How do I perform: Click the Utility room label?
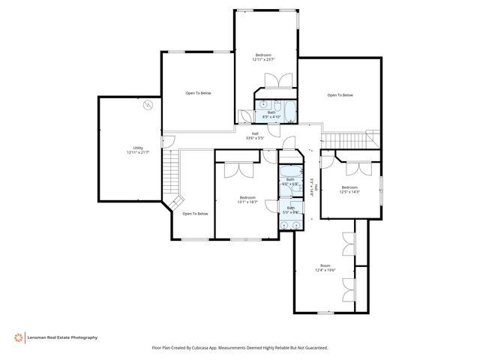coord(138,151)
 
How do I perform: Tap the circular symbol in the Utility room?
coord(148,104)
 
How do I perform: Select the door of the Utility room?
coord(170,140)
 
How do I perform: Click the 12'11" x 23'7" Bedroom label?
coord(263,57)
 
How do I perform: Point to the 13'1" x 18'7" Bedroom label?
coord(247,199)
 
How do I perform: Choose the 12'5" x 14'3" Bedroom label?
coord(349,189)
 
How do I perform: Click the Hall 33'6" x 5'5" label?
coord(256,136)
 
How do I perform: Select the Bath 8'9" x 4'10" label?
coord(271,115)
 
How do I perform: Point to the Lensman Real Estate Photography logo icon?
coord(16,337)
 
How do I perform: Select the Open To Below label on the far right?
coord(340,95)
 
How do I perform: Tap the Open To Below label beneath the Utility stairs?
coord(195,214)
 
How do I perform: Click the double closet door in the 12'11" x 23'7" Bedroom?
coord(275,81)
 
